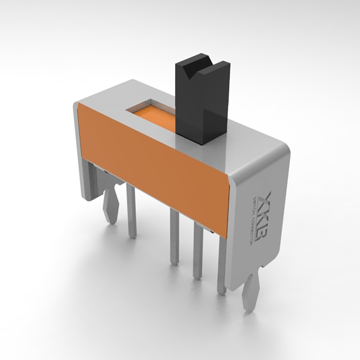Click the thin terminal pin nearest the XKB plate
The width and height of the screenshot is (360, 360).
tap(222, 268)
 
